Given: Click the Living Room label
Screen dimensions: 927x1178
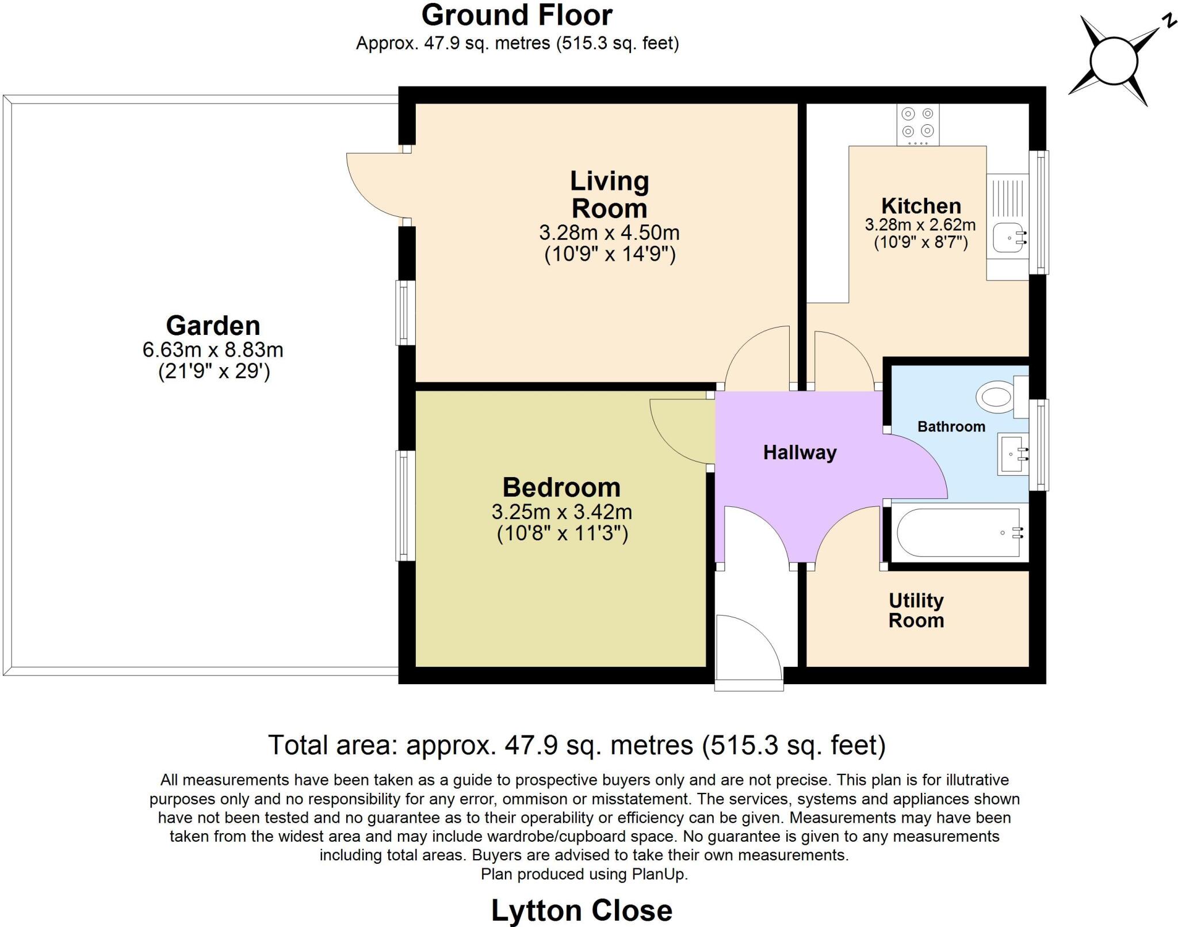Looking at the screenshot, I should [x=609, y=194].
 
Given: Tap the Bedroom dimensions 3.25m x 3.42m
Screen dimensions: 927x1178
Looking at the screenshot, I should [x=561, y=512].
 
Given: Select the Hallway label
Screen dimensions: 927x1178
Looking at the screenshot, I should [x=800, y=452].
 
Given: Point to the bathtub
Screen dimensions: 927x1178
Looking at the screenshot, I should [x=958, y=533].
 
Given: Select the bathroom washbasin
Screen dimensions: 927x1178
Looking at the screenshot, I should [x=1013, y=454].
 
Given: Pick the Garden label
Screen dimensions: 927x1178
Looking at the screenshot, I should [x=213, y=326].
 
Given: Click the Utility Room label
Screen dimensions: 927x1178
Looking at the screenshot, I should [x=916, y=611].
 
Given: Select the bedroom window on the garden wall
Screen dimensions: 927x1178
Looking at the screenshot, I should [x=406, y=505].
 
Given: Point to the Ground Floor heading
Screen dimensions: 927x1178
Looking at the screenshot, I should [x=517, y=15].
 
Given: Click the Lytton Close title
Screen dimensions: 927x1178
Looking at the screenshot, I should [x=582, y=910].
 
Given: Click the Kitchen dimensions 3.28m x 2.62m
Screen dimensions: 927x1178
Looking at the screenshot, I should [x=920, y=224].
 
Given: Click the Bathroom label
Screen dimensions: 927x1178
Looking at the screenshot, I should [x=951, y=426].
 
